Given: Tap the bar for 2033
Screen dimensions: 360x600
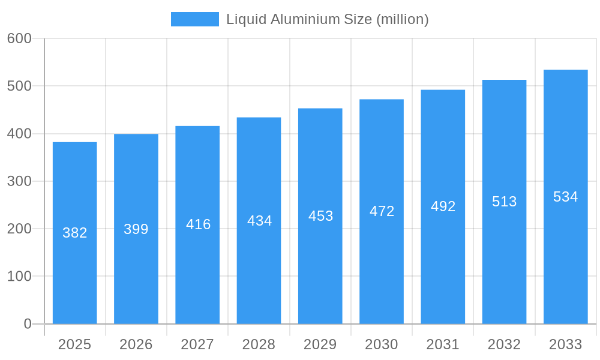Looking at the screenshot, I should [565, 264].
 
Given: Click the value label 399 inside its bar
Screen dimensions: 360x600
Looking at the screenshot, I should [136, 229].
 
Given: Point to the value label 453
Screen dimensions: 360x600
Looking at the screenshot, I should [320, 216].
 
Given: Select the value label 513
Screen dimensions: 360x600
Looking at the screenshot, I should [504, 202].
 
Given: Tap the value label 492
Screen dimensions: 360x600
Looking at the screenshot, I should [443, 206].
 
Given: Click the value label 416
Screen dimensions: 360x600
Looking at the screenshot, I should [198, 224].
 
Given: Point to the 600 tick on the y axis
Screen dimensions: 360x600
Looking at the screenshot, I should [19, 38].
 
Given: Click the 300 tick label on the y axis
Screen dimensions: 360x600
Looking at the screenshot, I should [19, 181].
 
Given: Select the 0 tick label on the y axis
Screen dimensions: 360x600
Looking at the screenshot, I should [28, 324].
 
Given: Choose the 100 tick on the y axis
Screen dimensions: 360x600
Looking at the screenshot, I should [19, 277].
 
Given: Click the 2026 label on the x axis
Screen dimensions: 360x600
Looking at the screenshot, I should [136, 344].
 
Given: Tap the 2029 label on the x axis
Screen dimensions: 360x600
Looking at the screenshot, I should [320, 344].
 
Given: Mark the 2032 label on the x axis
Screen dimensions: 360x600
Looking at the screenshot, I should [504, 344].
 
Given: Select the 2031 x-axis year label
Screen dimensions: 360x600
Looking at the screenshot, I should [443, 344].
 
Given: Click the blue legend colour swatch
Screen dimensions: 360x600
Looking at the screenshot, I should [195, 19].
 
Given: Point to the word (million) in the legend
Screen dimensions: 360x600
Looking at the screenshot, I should [403, 19].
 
